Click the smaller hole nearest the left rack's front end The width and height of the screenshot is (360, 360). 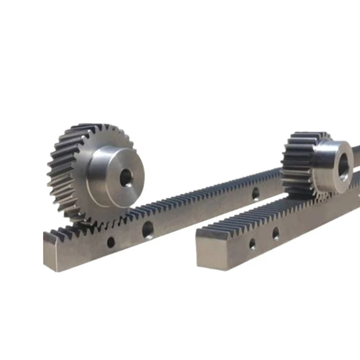pos(111,242)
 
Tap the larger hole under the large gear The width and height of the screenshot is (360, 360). pos(148,229)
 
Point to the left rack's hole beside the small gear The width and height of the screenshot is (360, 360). pos(256,193)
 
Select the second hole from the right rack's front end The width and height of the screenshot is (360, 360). pos(276,233)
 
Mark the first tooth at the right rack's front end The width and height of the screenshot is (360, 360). pos(207,232)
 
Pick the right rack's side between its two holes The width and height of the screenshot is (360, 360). pos(264,239)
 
